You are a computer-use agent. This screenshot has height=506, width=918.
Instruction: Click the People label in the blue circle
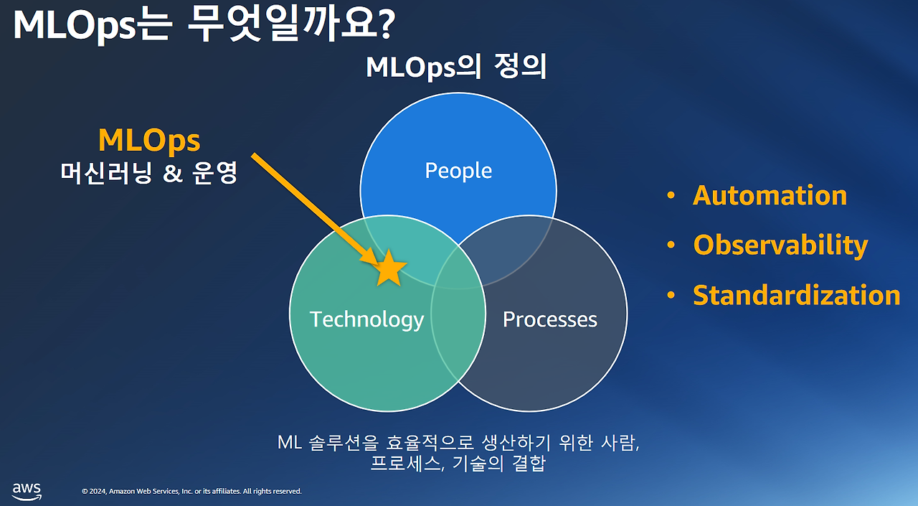pyautogui.click(x=458, y=171)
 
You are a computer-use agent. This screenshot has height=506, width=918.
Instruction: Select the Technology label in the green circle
pyautogui.click(x=366, y=319)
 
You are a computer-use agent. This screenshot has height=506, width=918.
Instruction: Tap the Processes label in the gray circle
pyautogui.click(x=549, y=319)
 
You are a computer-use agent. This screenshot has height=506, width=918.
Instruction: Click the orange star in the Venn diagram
pyautogui.click(x=389, y=268)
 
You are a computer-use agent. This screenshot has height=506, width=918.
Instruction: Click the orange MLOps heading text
pyautogui.click(x=149, y=140)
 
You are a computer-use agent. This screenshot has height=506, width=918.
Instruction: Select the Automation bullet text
pyautogui.click(x=770, y=195)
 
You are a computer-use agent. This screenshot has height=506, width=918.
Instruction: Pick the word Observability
pyautogui.click(x=780, y=245)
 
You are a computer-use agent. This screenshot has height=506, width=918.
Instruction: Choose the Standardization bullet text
pyautogui.click(x=796, y=295)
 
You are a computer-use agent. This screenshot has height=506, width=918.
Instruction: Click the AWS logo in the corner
pyautogui.click(x=27, y=490)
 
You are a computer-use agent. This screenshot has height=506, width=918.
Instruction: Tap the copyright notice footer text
pyautogui.click(x=191, y=492)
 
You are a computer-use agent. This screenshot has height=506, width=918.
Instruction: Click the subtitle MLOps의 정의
pyautogui.click(x=456, y=67)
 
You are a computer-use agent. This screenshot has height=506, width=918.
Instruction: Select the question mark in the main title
pyautogui.click(x=385, y=25)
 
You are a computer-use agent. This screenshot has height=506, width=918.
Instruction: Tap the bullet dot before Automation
pyautogui.click(x=671, y=196)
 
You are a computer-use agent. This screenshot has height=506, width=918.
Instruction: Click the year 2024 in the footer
pyautogui.click(x=98, y=492)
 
